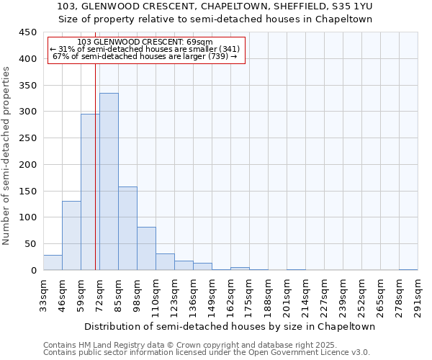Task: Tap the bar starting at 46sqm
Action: (x=71, y=235)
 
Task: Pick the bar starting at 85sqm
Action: (x=127, y=228)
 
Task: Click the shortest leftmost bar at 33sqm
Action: (x=53, y=263)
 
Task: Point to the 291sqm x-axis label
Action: (x=418, y=295)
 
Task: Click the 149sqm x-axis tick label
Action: (x=212, y=295)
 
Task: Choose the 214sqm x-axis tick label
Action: (x=305, y=295)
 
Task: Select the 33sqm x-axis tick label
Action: (x=43, y=295)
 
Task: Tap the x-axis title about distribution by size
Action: (x=230, y=326)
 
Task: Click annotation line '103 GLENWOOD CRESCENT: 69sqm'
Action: (x=145, y=42)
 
